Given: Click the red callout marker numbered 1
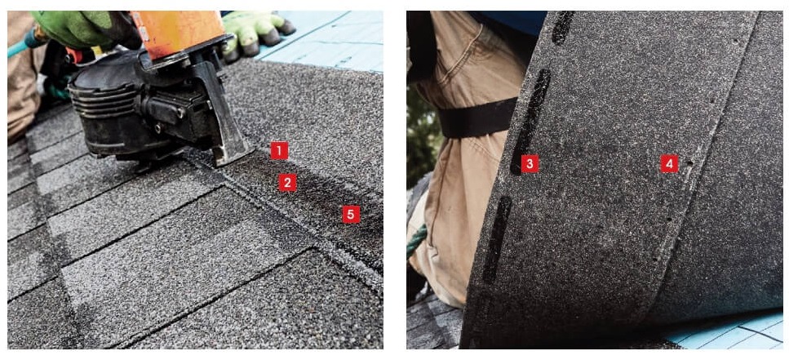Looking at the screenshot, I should point(280,150).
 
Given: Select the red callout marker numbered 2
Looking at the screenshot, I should point(286,183).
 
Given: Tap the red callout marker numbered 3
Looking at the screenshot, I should point(530,164).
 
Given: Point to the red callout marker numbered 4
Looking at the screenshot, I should point(669,164).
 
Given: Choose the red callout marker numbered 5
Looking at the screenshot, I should point(350,214).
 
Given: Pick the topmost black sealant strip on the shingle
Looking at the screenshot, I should point(563,27).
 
